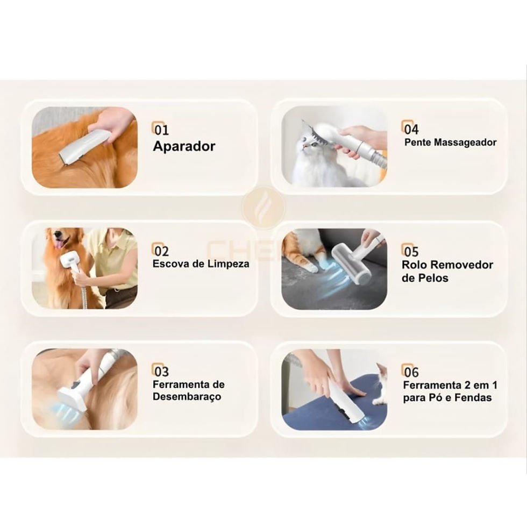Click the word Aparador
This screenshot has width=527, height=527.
click(184, 146)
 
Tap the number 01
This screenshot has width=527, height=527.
click(161, 130)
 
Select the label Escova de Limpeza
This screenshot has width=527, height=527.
click(201, 263)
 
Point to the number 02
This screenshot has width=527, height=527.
click(161, 251)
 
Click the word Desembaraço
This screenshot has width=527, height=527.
click(187, 397)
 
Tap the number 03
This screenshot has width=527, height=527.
click(161, 372)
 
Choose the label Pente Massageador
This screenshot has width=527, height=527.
click(451, 143)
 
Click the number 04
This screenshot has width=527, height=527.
click(411, 130)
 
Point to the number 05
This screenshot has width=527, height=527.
click(411, 252)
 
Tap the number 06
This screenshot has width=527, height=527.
click(411, 372)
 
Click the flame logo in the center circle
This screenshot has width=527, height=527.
click(263, 206)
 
